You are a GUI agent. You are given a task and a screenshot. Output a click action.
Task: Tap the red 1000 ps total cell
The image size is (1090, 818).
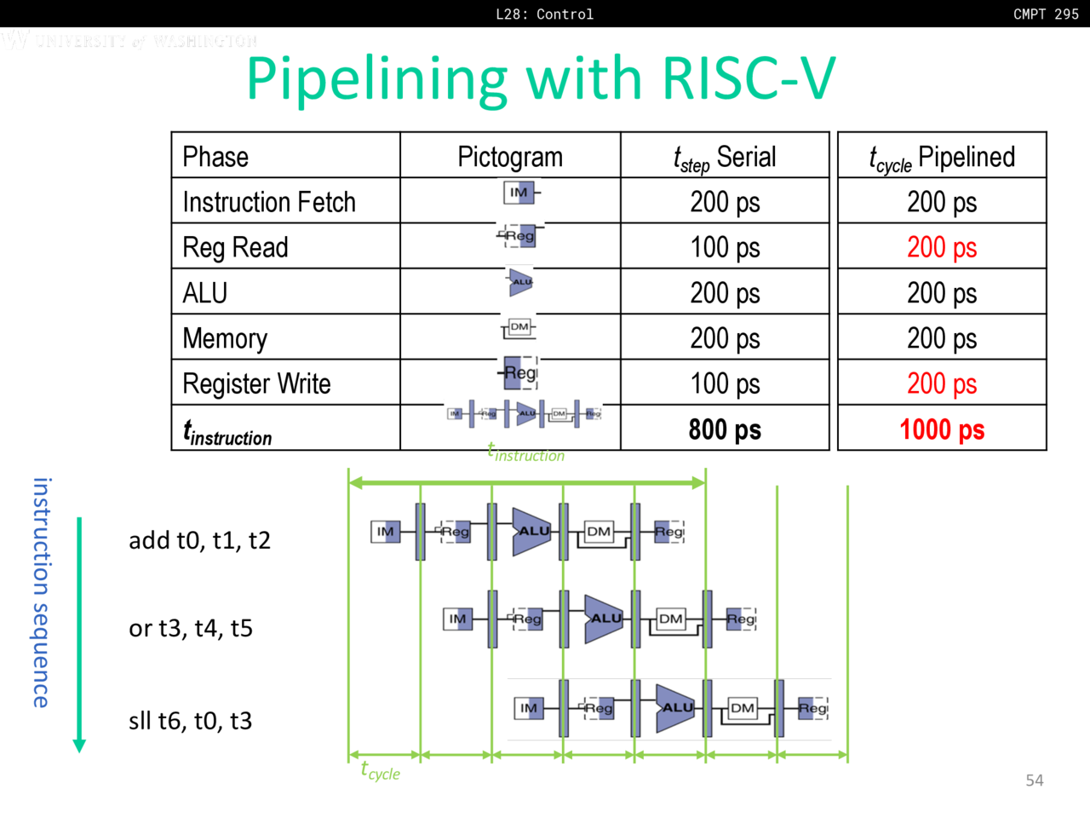(x=942, y=429)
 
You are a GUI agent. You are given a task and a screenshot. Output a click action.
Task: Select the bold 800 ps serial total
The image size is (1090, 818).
(x=725, y=429)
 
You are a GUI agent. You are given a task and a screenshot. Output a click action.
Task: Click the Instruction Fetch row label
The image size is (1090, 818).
(x=269, y=202)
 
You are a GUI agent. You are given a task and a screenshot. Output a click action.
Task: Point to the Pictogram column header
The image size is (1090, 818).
(x=510, y=157)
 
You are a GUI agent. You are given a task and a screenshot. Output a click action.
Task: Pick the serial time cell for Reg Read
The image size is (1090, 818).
(x=725, y=247)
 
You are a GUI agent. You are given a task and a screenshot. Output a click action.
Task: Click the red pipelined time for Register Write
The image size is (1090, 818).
(x=942, y=383)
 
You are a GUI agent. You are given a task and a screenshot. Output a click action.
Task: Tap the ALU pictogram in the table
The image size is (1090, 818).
(x=520, y=282)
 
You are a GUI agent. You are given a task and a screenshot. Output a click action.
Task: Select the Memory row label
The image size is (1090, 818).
(x=225, y=338)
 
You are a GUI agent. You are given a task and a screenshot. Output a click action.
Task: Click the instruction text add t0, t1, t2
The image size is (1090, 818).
(x=199, y=540)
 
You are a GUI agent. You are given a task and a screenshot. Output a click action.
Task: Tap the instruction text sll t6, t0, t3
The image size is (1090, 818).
(x=190, y=721)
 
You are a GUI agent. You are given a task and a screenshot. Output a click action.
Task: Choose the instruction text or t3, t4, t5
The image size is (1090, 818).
(x=191, y=629)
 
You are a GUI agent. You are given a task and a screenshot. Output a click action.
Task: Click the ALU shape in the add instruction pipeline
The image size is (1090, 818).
(x=531, y=532)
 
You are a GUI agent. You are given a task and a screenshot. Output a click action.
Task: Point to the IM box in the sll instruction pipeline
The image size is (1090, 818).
(x=529, y=708)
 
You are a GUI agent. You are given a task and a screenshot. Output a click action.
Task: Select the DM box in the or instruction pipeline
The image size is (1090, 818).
(x=671, y=619)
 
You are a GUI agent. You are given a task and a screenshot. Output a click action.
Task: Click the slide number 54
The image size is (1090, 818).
(x=1034, y=781)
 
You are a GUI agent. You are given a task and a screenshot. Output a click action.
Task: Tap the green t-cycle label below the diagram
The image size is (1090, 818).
(x=380, y=771)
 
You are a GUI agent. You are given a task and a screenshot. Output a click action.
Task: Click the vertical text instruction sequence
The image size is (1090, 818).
(x=41, y=592)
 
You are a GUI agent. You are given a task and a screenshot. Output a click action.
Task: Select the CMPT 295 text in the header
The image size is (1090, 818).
(x=1046, y=14)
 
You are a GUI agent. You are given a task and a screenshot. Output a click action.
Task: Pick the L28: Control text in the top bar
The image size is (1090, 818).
(x=544, y=14)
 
